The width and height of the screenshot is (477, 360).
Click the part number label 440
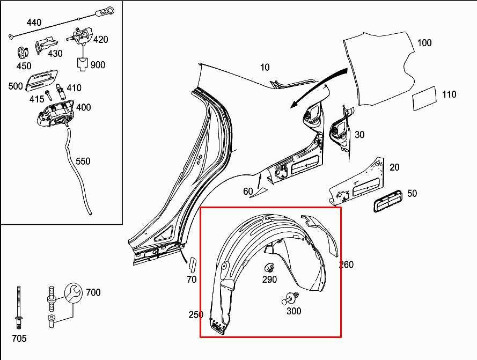pyautogui.click(x=34, y=23)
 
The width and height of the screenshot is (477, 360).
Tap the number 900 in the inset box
pyautogui.click(x=98, y=65)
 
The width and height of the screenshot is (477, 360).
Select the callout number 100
pyautogui.click(x=424, y=43)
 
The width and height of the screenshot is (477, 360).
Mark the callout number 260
pyautogui.click(x=347, y=265)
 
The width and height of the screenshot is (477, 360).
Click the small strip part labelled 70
pyautogui.click(x=193, y=265)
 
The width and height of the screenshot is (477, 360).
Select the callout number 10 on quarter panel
pyautogui.click(x=265, y=68)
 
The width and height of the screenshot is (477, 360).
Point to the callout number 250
pyautogui.click(x=195, y=314)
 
